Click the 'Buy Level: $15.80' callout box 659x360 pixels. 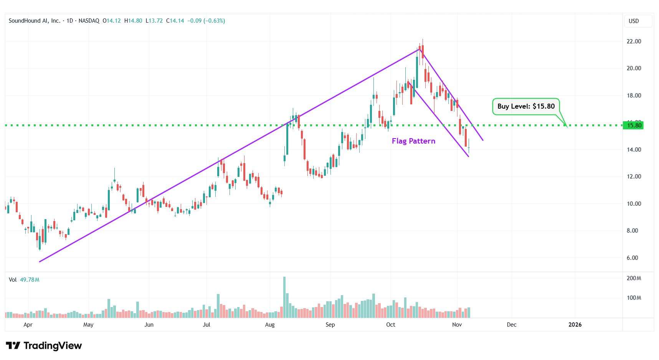click(526, 106)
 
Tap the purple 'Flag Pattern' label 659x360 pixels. click(413, 141)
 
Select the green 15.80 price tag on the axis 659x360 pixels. click(634, 125)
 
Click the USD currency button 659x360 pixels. click(634, 21)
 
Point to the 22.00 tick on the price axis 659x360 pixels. click(634, 41)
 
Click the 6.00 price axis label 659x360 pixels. click(632, 258)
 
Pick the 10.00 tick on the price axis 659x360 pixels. click(634, 204)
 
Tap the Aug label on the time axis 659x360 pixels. click(270, 325)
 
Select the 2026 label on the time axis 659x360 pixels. click(575, 325)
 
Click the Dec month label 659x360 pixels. click(511, 325)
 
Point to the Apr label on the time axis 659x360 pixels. click(28, 325)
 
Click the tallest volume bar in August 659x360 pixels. click(284, 297)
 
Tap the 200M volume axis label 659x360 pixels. click(634, 278)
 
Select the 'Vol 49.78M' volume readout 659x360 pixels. click(24, 280)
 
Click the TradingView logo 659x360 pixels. click(44, 346)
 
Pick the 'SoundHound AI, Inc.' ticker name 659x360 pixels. click(35, 21)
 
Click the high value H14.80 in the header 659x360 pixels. click(133, 21)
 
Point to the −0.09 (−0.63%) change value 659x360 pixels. click(206, 21)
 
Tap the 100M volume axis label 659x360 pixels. click(634, 298)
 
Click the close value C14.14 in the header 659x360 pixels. click(175, 21)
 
